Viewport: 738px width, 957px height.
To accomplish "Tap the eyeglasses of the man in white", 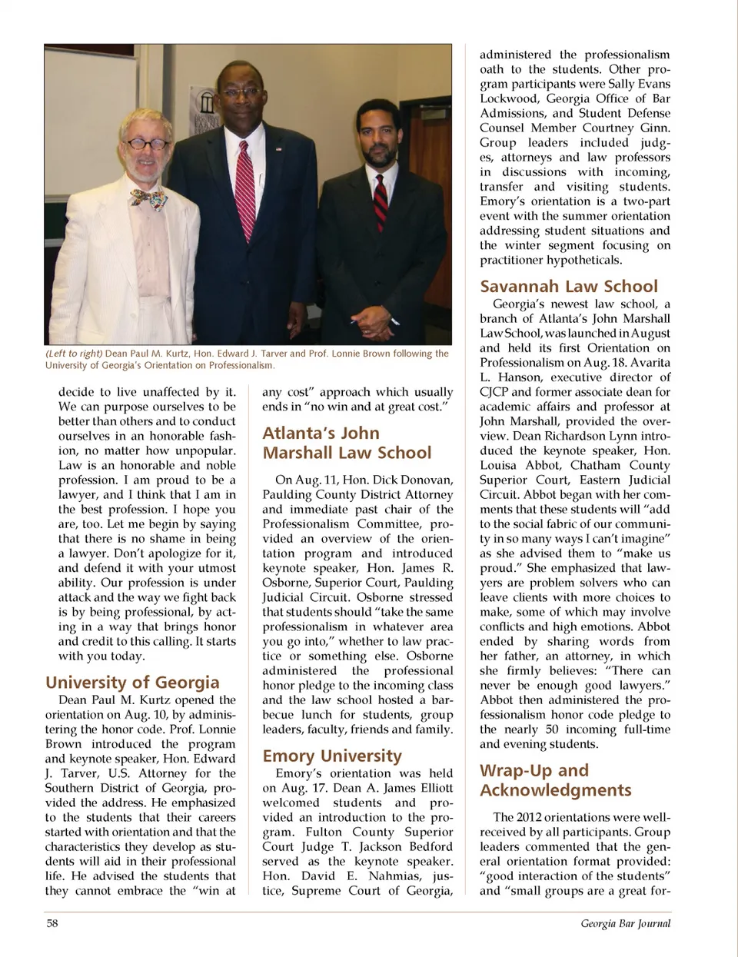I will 147,143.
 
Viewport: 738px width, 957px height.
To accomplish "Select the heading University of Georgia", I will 132,683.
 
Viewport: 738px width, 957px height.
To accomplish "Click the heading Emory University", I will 332,756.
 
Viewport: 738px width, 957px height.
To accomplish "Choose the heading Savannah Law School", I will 569,287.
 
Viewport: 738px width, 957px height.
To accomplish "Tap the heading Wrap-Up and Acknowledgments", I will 555,780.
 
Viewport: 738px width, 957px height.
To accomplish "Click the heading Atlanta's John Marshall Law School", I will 347,443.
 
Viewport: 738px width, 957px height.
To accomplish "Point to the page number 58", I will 52,923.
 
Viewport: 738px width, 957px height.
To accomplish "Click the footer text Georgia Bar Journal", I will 625,923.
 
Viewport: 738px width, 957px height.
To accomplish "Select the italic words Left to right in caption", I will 74,354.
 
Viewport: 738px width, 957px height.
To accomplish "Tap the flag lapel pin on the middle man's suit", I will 278,148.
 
